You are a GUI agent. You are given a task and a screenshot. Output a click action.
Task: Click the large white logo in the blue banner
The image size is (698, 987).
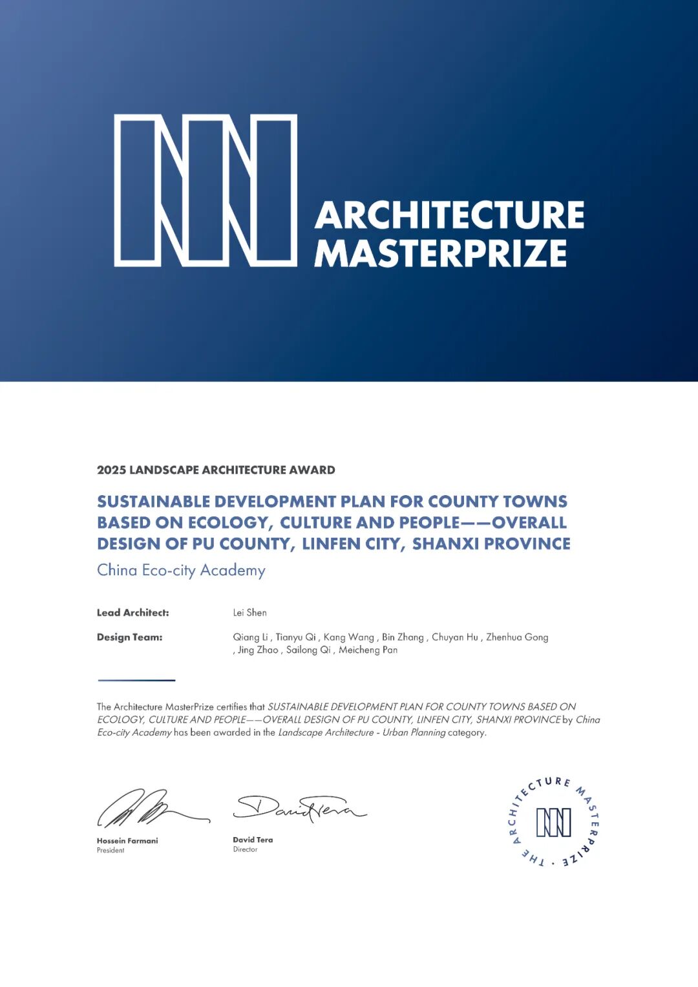(206, 190)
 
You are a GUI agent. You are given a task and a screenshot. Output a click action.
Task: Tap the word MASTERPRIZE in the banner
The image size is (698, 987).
(440, 253)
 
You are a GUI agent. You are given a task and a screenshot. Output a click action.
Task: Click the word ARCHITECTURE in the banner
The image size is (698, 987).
(449, 215)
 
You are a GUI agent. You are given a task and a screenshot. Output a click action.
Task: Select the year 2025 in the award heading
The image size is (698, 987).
(111, 470)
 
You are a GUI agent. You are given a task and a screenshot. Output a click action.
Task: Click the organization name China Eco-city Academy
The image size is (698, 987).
(181, 570)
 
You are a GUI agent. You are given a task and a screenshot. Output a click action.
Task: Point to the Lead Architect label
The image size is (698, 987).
(132, 613)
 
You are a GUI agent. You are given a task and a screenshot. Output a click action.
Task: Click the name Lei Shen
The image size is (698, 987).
(249, 613)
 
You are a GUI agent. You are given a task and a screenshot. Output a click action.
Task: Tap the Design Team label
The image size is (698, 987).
(129, 637)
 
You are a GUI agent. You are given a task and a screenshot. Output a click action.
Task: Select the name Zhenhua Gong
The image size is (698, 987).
(517, 637)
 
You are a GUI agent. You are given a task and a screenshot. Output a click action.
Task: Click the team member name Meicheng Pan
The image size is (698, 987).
(368, 650)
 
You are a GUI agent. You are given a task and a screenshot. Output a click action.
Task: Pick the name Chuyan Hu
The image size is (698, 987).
(455, 637)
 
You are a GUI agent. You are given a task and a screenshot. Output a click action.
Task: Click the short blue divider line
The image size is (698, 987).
(136, 680)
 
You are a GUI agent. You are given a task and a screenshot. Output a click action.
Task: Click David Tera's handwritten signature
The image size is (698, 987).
(299, 808)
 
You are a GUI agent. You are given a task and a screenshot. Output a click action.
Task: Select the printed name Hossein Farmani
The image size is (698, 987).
(127, 841)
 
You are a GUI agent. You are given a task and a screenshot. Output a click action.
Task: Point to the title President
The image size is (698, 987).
(111, 851)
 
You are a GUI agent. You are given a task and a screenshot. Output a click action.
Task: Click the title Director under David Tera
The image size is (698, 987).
(245, 850)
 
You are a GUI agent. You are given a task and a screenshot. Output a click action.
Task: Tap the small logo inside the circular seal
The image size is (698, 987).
(554, 822)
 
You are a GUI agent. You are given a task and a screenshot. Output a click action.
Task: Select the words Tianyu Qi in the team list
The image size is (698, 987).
(295, 637)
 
